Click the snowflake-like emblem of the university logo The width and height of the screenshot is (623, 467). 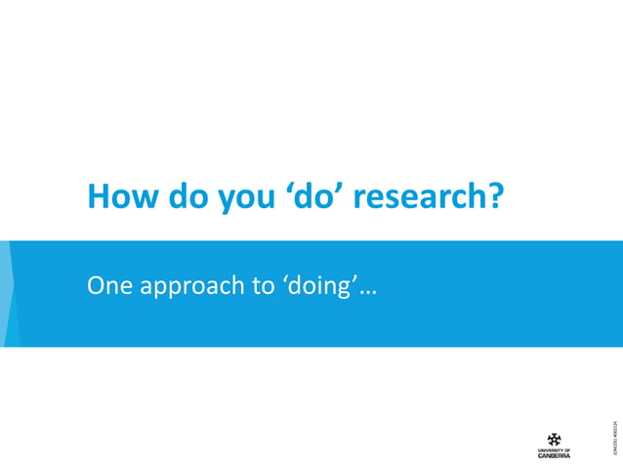554,439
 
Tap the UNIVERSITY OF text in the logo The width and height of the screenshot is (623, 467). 554,448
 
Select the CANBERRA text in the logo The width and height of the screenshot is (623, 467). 554,454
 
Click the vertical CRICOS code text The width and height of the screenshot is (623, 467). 612,436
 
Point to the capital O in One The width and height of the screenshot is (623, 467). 97,286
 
